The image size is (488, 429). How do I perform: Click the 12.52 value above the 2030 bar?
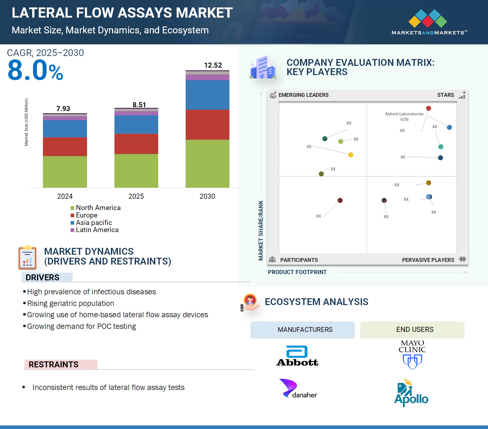pos(213,65)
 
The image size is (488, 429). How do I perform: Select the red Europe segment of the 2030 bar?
pos(207,125)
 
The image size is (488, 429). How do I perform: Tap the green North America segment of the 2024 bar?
pos(65,172)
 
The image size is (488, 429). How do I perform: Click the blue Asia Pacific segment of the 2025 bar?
pos(136,124)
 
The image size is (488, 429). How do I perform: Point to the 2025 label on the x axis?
pos(136,196)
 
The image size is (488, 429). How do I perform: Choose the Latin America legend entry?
pos(94,230)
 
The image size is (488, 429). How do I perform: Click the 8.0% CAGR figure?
pos(35,71)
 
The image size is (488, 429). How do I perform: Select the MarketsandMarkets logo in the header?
pos(429,22)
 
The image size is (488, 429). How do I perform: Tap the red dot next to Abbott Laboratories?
pos(428,108)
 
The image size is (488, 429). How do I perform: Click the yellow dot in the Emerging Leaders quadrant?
pos(351,155)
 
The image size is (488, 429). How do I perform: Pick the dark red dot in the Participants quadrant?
pos(340,200)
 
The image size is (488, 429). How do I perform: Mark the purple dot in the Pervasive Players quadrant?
pos(384,200)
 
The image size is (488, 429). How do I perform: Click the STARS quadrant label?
pos(445,95)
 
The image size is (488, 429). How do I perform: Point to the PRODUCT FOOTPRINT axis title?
pos(297,272)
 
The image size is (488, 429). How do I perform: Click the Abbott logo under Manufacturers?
pos(297,356)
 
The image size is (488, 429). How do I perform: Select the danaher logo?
pos(298,388)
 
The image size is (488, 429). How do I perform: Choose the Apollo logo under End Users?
pos(411,392)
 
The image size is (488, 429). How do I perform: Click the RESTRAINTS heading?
pos(54,364)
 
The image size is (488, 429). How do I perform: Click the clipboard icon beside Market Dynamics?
pos(27,257)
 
